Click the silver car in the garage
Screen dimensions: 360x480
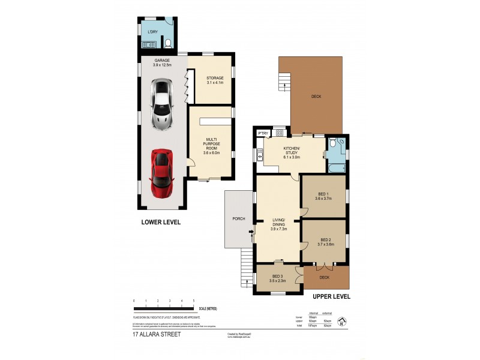pyautogui.click(x=161, y=106)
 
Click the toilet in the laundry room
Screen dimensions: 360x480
pyautogui.click(x=168, y=43)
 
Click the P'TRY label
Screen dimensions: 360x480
pyautogui.click(x=262, y=133)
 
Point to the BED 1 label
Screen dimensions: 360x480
pyautogui.click(x=323, y=196)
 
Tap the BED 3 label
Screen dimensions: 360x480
pyautogui.click(x=278, y=278)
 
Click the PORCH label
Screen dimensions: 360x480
pyautogui.click(x=238, y=219)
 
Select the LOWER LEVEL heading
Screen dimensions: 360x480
pyautogui.click(x=161, y=222)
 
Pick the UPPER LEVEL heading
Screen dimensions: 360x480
pyautogui.click(x=330, y=296)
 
